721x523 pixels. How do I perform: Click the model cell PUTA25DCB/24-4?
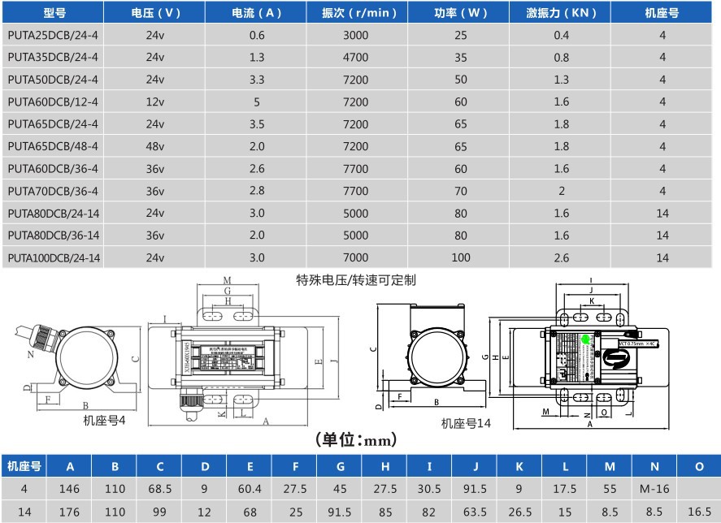53,35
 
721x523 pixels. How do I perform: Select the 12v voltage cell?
155,102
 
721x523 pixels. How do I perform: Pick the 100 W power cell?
461,257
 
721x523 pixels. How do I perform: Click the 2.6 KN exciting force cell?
561,257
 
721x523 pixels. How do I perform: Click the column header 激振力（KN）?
561,13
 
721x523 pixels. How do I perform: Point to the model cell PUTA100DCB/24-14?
54,257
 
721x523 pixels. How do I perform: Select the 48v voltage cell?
155,146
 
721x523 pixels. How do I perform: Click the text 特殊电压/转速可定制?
356,280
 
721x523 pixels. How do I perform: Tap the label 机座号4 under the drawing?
104,421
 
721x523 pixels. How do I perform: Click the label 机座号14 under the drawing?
466,423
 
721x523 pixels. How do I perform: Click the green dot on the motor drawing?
584,339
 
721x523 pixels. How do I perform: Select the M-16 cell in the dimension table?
654,489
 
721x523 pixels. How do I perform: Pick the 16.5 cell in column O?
699,512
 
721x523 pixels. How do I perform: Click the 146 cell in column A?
70,489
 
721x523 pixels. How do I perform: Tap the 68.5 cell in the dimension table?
160,489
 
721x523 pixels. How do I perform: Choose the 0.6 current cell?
257,35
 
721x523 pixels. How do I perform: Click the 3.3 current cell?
257,80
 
